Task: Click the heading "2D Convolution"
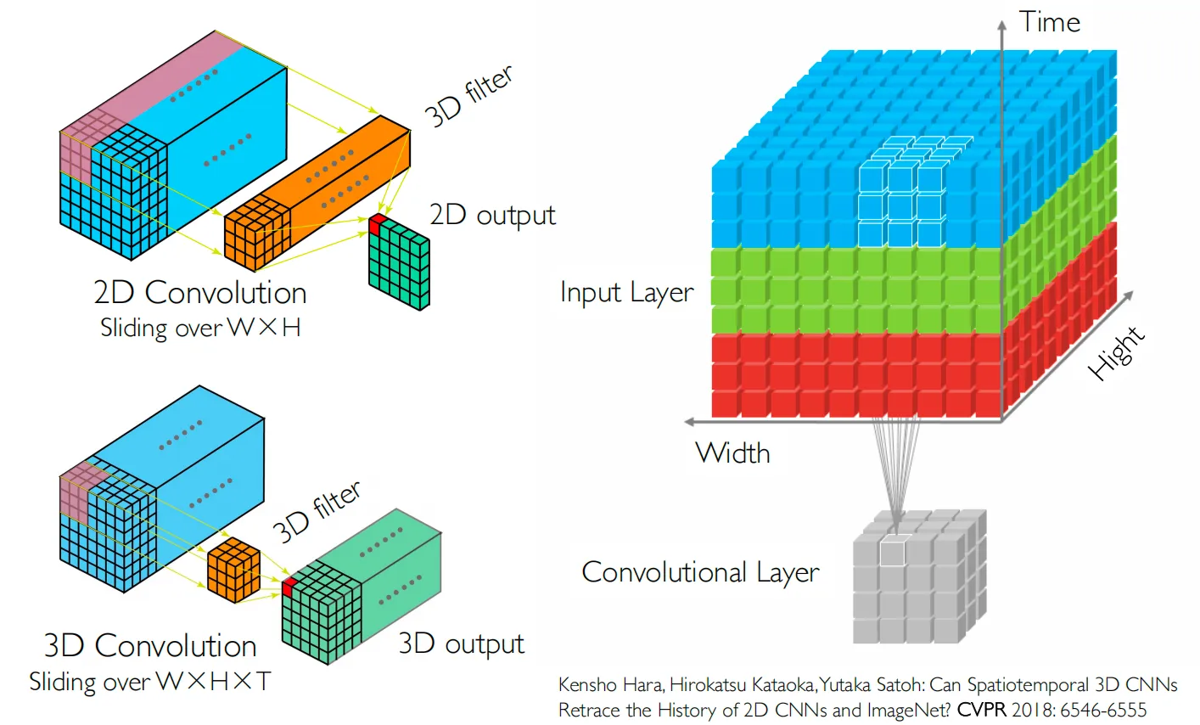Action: [200, 293]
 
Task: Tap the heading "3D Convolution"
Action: [150, 646]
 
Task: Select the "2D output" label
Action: [492, 215]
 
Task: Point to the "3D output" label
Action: [462, 644]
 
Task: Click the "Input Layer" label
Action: [626, 292]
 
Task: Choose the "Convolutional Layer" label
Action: [700, 572]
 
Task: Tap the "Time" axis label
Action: [1050, 22]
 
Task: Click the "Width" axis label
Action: [732, 452]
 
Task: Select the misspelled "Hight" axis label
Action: [1117, 353]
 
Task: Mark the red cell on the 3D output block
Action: [289, 587]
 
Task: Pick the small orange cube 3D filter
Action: [233, 570]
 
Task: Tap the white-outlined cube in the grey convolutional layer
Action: [892, 552]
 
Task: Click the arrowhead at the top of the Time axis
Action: [1001, 24]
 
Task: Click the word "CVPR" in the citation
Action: [982, 710]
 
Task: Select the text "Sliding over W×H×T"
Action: [150, 682]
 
